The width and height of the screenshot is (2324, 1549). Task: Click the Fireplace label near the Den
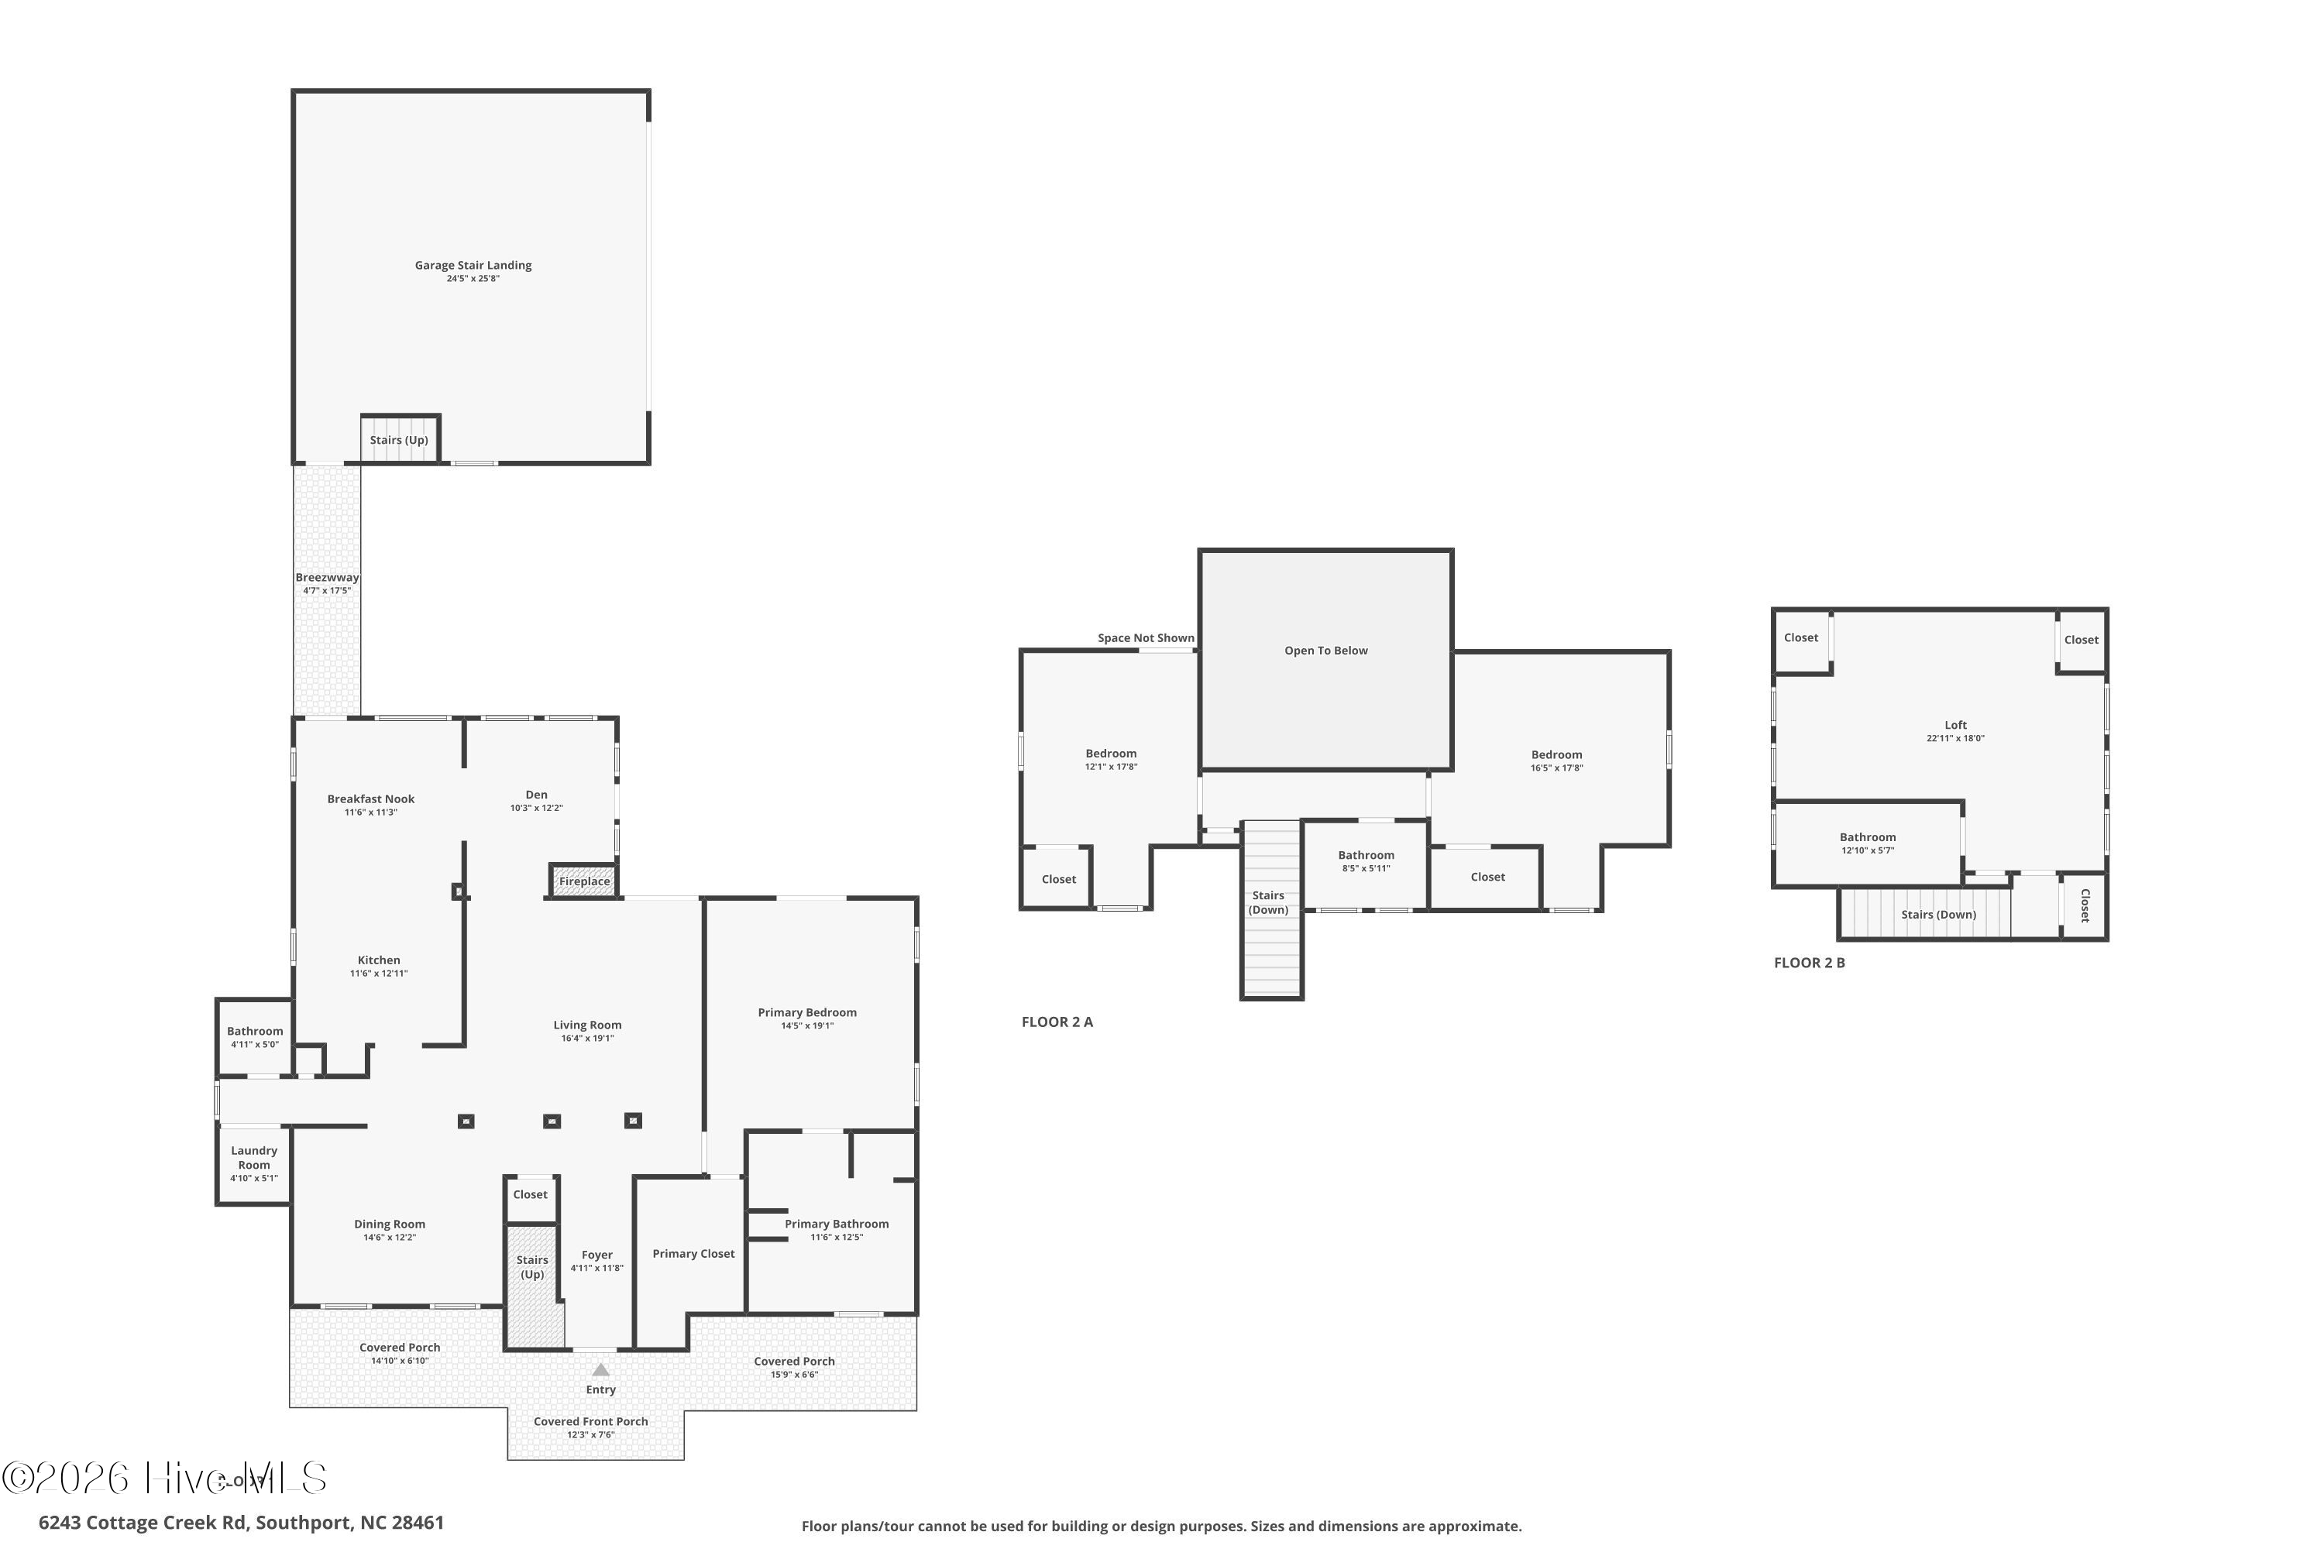tap(584, 881)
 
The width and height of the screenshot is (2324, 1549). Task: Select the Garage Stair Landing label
tap(473, 265)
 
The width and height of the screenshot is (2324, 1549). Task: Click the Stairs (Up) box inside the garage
tap(399, 440)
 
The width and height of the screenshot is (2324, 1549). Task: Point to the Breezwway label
tap(327, 578)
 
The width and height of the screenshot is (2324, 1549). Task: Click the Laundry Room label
tap(254, 1158)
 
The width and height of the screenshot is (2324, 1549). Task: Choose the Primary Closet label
tap(693, 1254)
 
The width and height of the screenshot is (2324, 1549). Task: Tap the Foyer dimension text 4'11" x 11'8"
tap(596, 1269)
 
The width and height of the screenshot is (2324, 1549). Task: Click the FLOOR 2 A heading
tap(1057, 1022)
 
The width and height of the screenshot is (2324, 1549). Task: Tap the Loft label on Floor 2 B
tap(1955, 725)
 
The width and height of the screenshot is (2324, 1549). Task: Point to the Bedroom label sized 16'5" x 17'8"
tap(1556, 754)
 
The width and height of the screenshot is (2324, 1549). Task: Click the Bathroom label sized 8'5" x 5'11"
tap(1367, 856)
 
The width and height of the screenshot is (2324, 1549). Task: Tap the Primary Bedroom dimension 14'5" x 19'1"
tap(807, 1026)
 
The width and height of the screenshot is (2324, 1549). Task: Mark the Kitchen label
tap(379, 960)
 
